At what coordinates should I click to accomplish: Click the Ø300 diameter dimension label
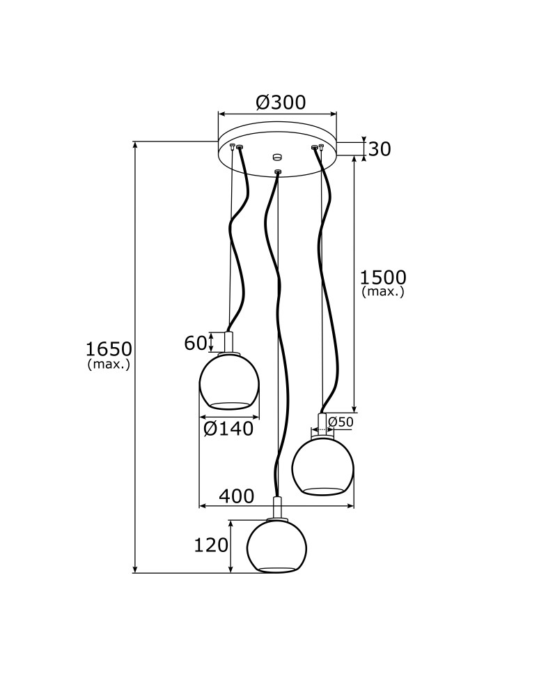(281, 102)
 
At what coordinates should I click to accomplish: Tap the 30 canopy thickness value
(379, 148)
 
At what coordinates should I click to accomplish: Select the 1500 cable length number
(382, 277)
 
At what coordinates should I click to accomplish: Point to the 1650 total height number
(109, 348)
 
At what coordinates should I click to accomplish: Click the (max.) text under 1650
(109, 365)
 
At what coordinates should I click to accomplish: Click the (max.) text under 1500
(382, 292)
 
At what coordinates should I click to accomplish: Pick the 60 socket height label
(196, 342)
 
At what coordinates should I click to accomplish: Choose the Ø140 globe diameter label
(228, 429)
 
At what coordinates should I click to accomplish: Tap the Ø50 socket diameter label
(341, 422)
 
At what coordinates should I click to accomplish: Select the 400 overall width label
(236, 496)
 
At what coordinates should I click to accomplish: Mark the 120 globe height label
(212, 545)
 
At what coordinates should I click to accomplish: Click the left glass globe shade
(229, 381)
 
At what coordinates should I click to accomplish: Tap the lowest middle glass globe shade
(277, 546)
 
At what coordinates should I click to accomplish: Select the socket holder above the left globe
(229, 342)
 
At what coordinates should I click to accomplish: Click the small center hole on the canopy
(277, 156)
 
